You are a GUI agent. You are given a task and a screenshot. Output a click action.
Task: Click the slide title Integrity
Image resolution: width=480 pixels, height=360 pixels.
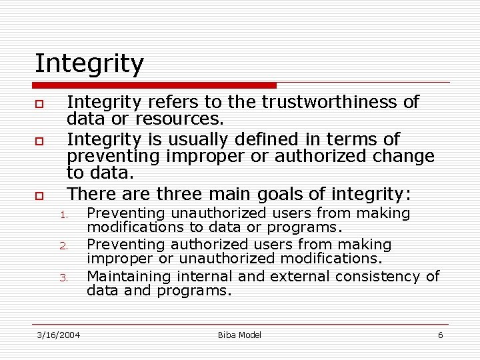pos(89,64)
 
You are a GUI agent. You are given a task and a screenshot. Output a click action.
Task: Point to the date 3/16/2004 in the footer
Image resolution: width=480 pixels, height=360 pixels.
pos(58,335)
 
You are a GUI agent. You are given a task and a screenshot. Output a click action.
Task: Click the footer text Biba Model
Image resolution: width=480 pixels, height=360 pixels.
pos(239,335)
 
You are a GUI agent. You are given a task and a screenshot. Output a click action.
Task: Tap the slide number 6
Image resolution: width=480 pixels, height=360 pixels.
pos(440,335)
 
